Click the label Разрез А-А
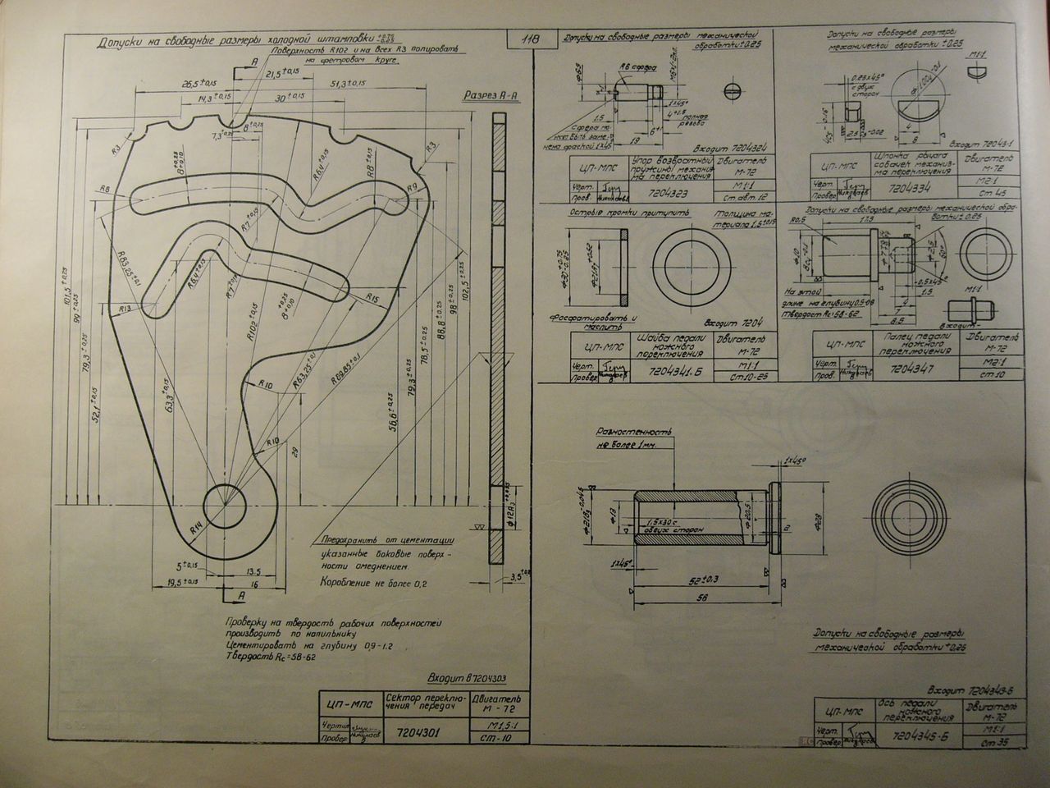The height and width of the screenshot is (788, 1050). pyautogui.click(x=490, y=95)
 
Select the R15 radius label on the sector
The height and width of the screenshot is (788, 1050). pyautogui.click(x=371, y=296)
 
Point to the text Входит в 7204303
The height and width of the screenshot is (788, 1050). pyautogui.click(x=468, y=679)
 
